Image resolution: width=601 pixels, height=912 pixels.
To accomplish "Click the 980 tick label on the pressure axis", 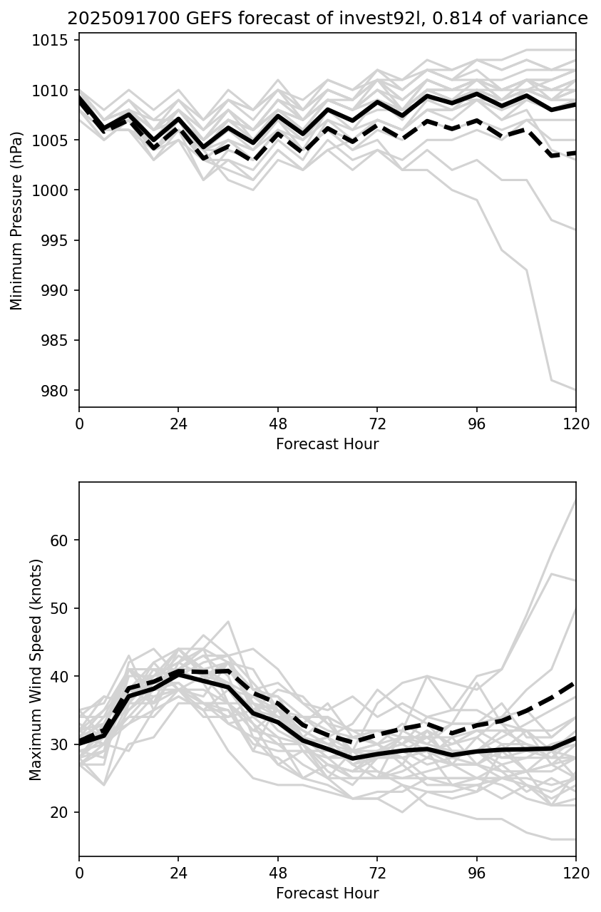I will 58,391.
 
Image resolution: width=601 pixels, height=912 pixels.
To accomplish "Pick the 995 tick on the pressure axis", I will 58,241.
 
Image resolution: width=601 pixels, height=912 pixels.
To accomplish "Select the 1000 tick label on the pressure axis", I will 55,191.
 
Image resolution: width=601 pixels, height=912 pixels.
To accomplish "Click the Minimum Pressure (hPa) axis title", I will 17,220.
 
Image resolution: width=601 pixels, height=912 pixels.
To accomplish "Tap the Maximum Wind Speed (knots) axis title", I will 36,670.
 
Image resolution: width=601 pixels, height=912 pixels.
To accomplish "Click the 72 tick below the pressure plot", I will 377,424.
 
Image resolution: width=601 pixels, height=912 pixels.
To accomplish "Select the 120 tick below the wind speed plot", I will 576,873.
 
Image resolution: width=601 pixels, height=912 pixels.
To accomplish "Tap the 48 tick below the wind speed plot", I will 278,873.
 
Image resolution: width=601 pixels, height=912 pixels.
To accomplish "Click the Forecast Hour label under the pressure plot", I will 327,444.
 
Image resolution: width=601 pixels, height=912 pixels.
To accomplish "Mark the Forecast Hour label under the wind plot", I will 327,893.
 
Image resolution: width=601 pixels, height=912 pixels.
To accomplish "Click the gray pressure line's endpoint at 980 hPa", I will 575,390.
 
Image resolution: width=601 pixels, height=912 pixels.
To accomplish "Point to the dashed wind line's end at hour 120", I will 575,683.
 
